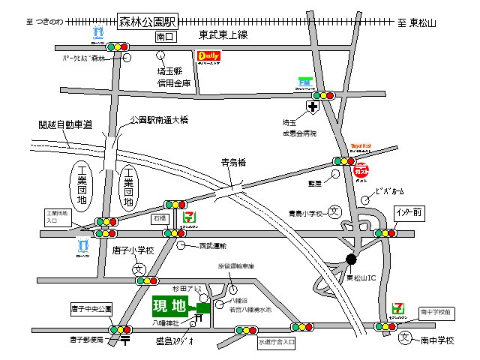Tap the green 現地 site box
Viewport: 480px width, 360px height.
169,305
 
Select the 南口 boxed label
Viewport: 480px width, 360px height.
164,36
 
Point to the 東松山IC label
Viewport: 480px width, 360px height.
364,277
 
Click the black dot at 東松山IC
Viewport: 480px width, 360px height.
351,259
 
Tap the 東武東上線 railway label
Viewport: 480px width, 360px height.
223,35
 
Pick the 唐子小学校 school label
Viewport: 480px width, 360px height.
133,250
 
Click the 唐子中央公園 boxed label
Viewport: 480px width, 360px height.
90,308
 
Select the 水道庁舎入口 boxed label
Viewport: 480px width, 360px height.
277,342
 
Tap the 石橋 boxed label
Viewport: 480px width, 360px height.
159,218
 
